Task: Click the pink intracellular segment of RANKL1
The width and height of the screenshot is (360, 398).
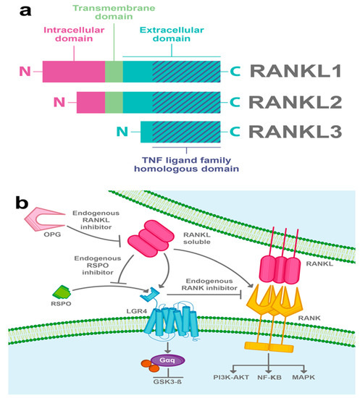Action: [73, 71]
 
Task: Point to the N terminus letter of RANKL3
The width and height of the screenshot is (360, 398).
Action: [123, 132]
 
